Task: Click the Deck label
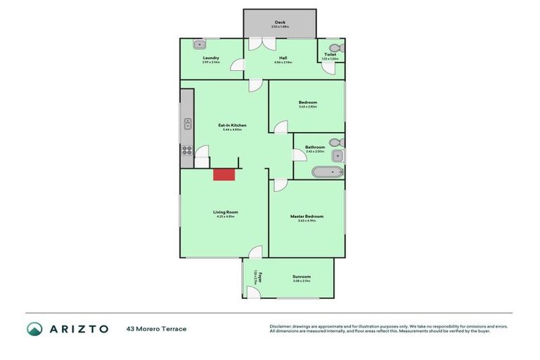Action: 280,22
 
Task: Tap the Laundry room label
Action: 211,58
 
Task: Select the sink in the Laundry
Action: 198,44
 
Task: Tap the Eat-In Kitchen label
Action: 233,125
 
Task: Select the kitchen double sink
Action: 188,126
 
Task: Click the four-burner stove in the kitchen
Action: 187,149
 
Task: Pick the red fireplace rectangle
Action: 224,174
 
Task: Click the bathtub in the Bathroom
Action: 326,172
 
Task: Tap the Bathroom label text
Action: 314,147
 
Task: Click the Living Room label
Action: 225,212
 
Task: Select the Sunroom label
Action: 302,276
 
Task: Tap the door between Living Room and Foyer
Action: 255,252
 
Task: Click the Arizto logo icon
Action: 34,329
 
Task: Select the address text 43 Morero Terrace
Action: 156,329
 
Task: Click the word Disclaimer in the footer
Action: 283,326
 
